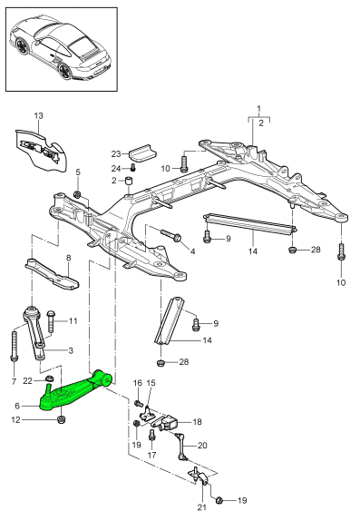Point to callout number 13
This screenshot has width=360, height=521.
tap(38, 116)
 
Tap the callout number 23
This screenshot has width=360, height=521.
tap(116, 152)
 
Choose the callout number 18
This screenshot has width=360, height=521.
tap(197, 422)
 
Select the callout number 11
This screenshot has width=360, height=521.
tap(73, 320)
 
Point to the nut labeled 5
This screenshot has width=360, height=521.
tap(78, 195)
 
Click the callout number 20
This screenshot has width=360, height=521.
tap(202, 446)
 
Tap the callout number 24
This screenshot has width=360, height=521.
tap(116, 168)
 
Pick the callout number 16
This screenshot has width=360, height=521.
tap(138, 384)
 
